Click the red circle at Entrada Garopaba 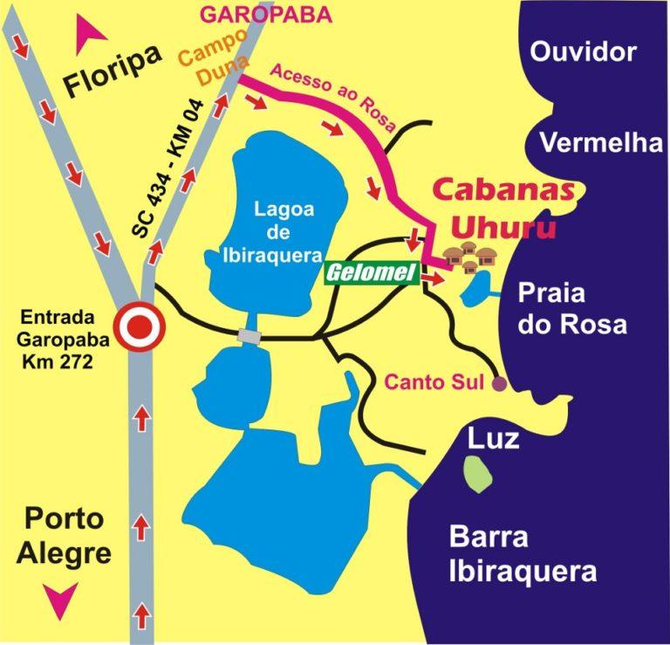coord(141,327)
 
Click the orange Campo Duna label coord(213,65)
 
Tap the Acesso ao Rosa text coord(327,96)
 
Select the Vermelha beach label coord(600,142)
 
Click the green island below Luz coord(476,473)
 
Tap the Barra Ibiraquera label coord(522,555)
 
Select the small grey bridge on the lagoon coord(250,336)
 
